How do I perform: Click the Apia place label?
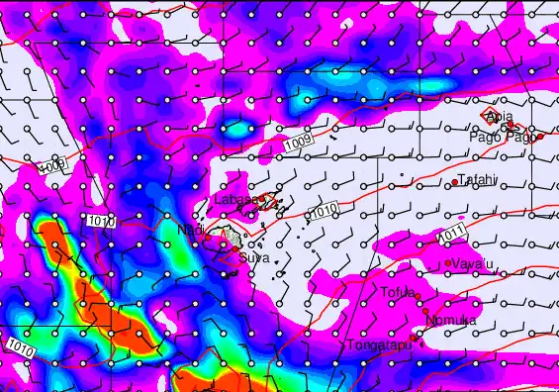tap(501, 117)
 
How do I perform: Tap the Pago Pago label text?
tap(509, 137)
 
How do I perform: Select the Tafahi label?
tap(476, 180)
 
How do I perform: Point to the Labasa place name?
tap(233, 199)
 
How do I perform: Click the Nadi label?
tap(189, 230)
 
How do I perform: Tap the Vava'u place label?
tap(471, 263)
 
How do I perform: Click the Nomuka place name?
tap(451, 320)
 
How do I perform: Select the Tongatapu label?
tap(378, 345)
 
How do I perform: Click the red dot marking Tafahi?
tap(455, 182)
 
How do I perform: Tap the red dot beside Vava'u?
tap(448, 262)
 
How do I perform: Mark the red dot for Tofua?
tap(418, 297)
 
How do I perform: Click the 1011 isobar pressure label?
tap(452, 234)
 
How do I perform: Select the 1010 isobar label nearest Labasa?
tap(325, 212)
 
